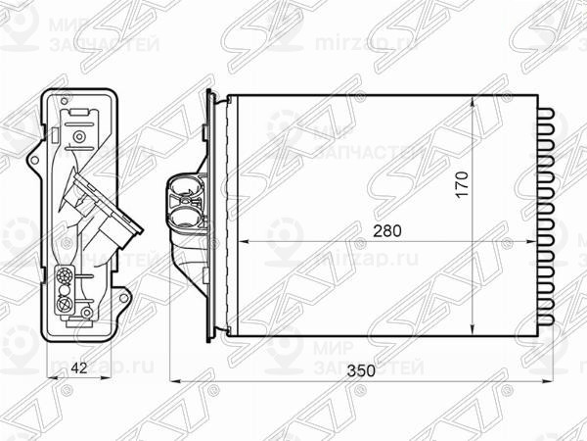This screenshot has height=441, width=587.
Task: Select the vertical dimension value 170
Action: (x=463, y=184)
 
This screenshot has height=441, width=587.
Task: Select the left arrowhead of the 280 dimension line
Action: (x=246, y=241)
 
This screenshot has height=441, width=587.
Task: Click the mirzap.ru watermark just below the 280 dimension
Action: (x=352, y=263)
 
